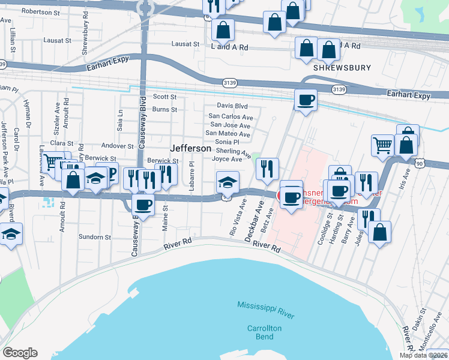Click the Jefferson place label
pyautogui.click(x=190, y=148)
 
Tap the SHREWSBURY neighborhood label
pyautogui.click(x=342, y=68)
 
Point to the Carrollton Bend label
pyautogui.click(x=265, y=332)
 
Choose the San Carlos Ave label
pyautogui.click(x=230, y=116)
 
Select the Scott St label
pyautogui.click(x=164, y=97)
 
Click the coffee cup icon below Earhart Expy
pyautogui.click(x=306, y=99)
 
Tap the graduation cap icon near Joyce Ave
pyautogui.click(x=228, y=181)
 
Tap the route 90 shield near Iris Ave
pyautogui.click(x=418, y=163)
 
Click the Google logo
pyautogui.click(x=20, y=353)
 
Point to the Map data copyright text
pyautogui.click(x=424, y=355)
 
